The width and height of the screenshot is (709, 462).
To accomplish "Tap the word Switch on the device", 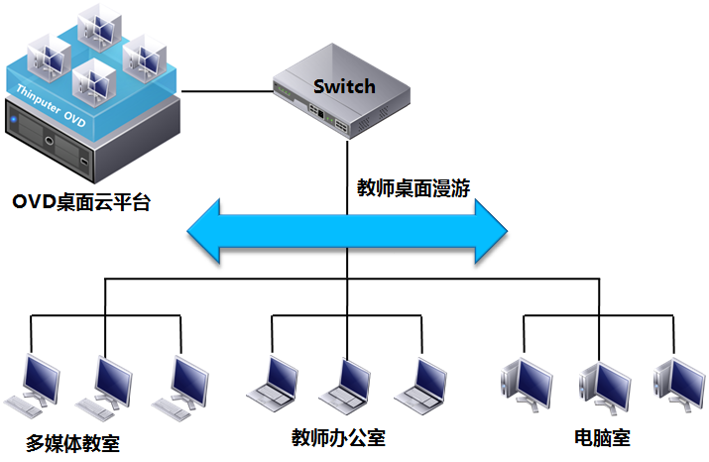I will coord(344,86).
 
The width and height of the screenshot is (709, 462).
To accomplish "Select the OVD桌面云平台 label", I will coord(85,202).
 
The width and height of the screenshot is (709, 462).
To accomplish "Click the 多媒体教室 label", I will coord(73,441).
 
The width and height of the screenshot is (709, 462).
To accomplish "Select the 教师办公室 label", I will coord(338,437).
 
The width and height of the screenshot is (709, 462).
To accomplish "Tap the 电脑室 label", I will coord(602,437).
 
